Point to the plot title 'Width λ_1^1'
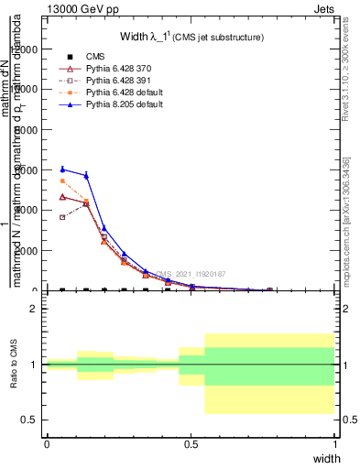click(x=192, y=37)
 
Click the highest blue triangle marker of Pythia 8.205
click(x=62, y=169)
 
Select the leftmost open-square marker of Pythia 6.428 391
click(x=62, y=217)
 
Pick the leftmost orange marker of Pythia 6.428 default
click(x=62, y=181)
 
